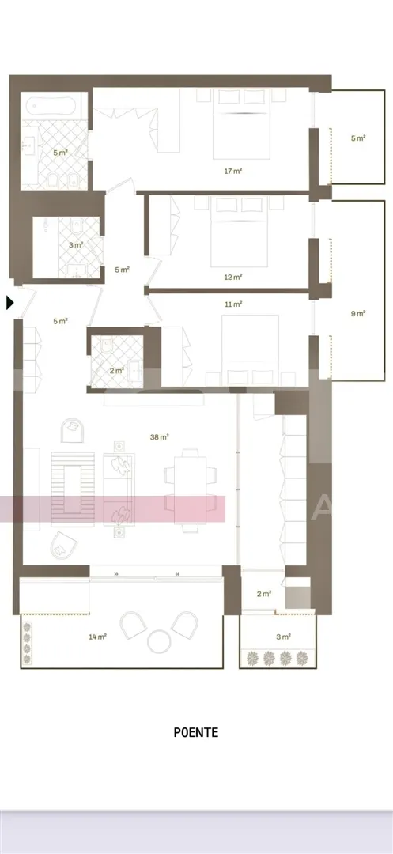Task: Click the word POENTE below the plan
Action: tap(196, 732)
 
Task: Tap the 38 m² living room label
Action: tap(159, 436)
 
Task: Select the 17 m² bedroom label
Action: tap(233, 171)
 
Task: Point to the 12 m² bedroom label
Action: tap(233, 277)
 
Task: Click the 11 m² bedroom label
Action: tap(233, 304)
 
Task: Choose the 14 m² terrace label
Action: tap(97, 636)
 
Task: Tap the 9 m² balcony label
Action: tap(357, 313)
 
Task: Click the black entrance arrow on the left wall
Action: tap(9, 303)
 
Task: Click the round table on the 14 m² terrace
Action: tap(160, 641)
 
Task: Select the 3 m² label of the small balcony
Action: tap(283, 636)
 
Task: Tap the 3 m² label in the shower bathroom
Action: tap(76, 245)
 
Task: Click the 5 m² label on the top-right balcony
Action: tap(357, 138)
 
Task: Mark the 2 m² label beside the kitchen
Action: tap(263, 594)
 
